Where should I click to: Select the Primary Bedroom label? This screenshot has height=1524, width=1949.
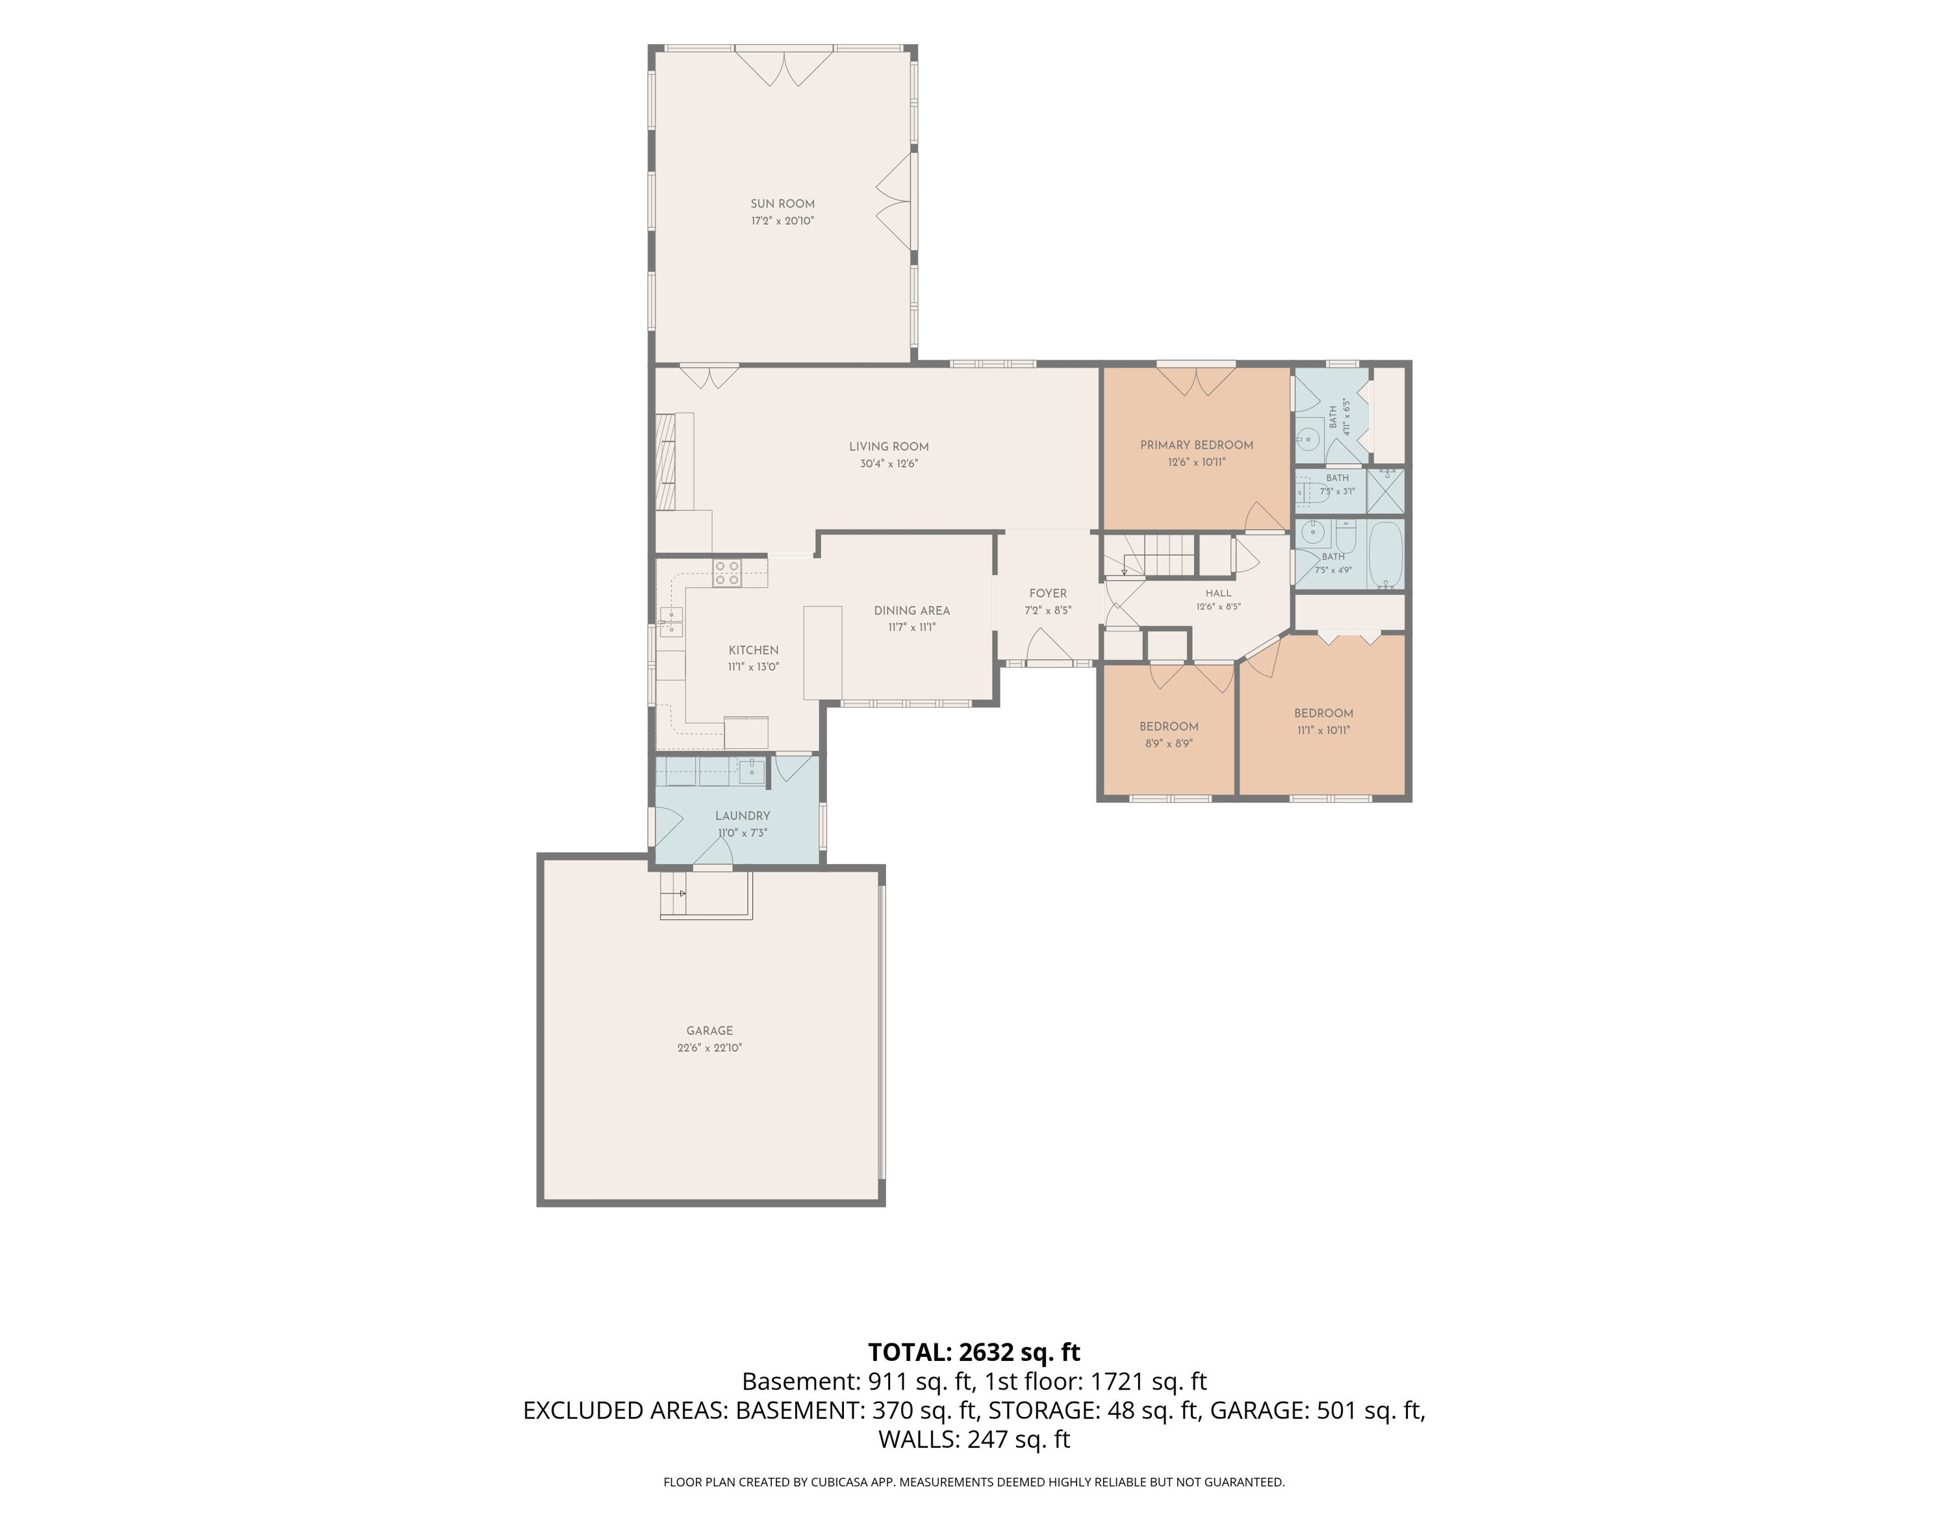click(x=1196, y=445)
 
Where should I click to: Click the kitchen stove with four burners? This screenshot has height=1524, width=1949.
click(x=726, y=572)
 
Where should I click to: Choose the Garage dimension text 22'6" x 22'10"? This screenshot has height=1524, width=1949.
click(x=709, y=1048)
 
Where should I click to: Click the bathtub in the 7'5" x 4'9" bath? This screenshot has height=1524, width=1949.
click(x=1385, y=555)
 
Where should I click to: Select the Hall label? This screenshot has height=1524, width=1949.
click(x=1218, y=593)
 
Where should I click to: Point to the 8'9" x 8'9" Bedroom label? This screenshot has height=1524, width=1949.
click(x=1168, y=726)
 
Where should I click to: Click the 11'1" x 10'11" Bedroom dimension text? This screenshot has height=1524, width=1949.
click(x=1323, y=730)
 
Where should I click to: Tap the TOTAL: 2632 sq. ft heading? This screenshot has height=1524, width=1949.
click(x=974, y=1352)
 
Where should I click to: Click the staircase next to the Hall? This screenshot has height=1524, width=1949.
click(x=1158, y=555)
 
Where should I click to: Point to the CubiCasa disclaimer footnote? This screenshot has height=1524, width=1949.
click(x=974, y=1482)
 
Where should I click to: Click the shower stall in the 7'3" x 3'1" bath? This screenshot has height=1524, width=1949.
click(x=1386, y=490)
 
